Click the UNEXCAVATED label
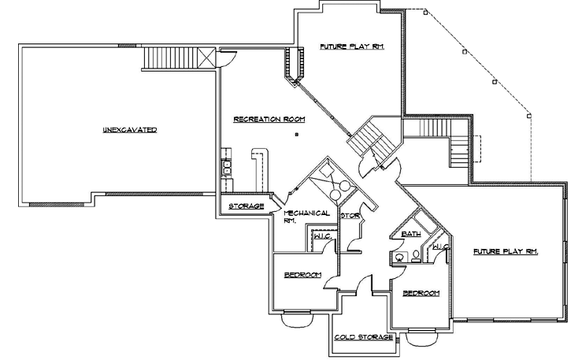[x=129, y=129]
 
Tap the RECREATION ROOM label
[x=269, y=119]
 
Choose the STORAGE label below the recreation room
[x=246, y=206]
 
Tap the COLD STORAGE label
[x=363, y=337]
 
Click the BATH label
[x=410, y=234]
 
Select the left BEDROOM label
[x=302, y=274]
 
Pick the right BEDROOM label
[x=421, y=293]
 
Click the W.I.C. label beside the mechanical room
[x=321, y=236]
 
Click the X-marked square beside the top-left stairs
[x=206, y=58]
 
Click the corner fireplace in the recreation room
[x=294, y=65]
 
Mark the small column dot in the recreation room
[x=296, y=135]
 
